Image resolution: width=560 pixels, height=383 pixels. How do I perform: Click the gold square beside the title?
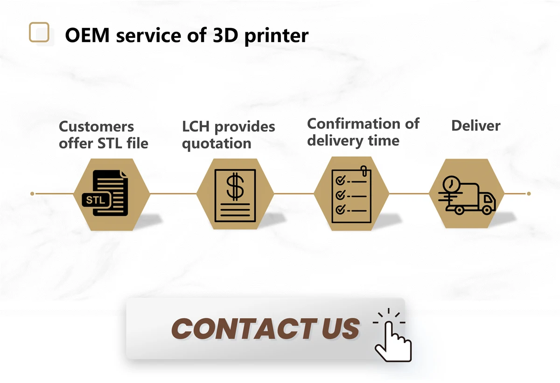[x=39, y=32]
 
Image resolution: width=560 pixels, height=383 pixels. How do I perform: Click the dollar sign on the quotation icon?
[x=235, y=186]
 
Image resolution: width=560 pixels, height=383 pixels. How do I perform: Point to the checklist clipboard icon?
[x=351, y=195]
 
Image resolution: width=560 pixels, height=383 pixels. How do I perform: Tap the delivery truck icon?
[x=467, y=197]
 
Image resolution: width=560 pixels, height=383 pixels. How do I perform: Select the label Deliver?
[x=476, y=125]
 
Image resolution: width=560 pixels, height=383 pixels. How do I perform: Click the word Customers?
[x=96, y=126]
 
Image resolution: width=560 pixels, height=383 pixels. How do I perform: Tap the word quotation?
[x=217, y=143]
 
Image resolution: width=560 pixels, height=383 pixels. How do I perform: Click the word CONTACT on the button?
[x=243, y=328]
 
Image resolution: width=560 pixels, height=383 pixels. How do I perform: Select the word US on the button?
[x=341, y=328]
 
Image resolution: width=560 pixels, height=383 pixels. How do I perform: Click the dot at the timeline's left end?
[x=32, y=194]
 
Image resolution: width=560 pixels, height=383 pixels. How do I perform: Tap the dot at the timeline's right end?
[x=528, y=194]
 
